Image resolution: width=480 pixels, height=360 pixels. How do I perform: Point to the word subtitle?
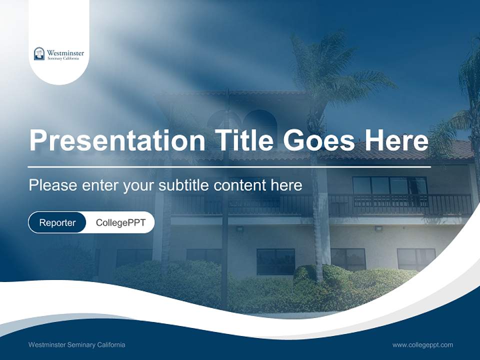[184, 185]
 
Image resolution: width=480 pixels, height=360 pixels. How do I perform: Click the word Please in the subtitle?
[52, 185]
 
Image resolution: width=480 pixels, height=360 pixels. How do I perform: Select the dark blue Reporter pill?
[57, 222]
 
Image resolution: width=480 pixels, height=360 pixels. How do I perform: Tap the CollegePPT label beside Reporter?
[120, 222]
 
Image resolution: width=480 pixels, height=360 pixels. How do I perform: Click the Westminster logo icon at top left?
[39, 53]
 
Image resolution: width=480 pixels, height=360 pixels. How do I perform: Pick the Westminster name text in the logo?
[65, 52]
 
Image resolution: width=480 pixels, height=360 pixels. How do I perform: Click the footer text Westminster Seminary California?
[76, 345]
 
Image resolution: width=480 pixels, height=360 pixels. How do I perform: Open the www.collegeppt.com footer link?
[422, 345]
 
